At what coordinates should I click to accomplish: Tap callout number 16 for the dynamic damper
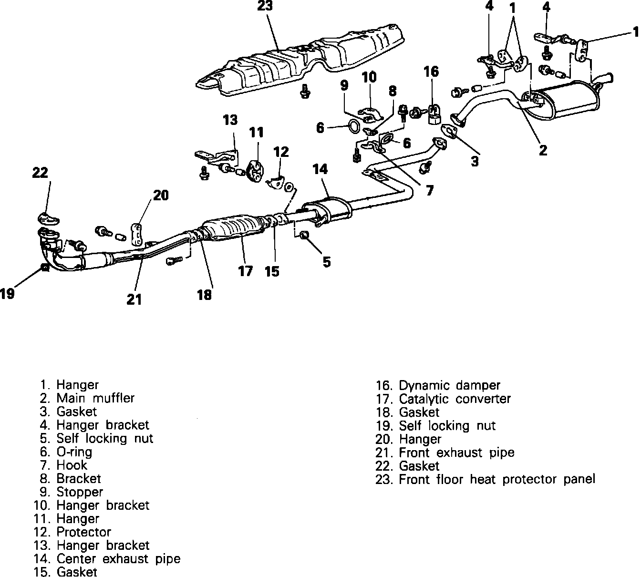[431, 72]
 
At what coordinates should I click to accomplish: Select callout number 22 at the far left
[41, 173]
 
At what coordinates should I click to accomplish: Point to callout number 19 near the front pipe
[7, 293]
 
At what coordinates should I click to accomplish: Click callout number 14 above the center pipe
[320, 169]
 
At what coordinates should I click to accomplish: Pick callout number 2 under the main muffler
[543, 150]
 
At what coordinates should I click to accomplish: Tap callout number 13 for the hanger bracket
[230, 120]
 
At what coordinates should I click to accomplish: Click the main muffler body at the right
[570, 99]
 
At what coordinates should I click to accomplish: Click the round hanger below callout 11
[257, 171]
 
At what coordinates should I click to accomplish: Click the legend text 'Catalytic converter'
[455, 399]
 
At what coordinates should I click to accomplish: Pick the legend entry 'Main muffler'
[95, 398]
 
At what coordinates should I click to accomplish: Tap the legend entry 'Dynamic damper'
[449, 385]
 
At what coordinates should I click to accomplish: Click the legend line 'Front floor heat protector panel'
[496, 479]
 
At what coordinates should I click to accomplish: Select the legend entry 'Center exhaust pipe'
[118, 558]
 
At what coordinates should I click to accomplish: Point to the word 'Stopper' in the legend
[80, 492]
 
